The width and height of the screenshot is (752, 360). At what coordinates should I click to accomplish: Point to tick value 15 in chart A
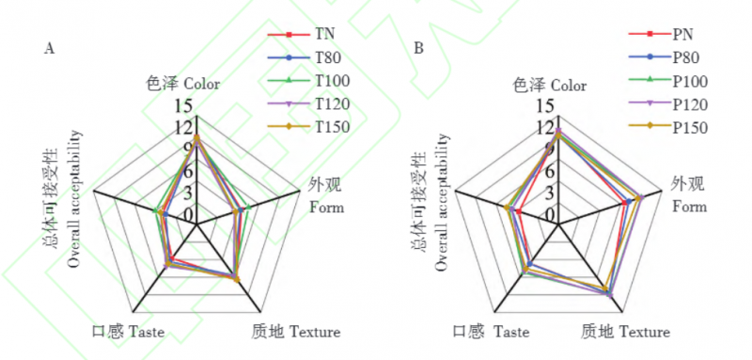[x=185, y=105]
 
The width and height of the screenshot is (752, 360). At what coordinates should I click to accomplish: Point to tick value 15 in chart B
[x=546, y=105]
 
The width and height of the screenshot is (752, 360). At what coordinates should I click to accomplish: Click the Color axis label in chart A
[x=183, y=85]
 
